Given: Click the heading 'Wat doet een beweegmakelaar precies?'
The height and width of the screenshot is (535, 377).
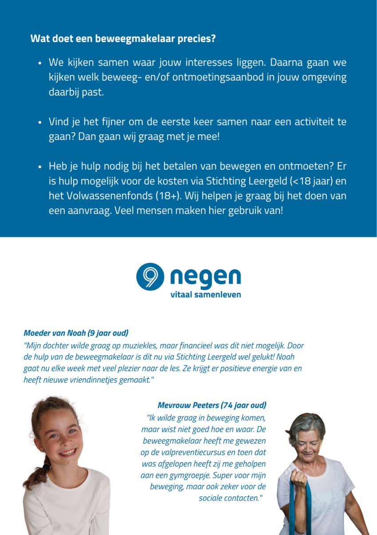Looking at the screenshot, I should [x=123, y=39].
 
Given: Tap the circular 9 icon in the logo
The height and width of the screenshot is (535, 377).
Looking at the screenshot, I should [x=149, y=277].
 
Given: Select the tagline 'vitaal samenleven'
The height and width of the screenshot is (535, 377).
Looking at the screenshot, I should [x=206, y=294].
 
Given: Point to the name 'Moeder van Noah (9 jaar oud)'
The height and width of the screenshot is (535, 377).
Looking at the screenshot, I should [x=76, y=332].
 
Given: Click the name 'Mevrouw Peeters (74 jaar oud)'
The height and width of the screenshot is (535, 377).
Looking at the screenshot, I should [x=212, y=405].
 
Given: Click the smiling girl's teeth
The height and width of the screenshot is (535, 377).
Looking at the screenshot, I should [x=67, y=452].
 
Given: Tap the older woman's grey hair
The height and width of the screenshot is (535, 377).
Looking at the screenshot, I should [x=306, y=423].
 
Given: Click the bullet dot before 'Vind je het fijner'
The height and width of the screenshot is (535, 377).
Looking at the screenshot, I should [x=40, y=121].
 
